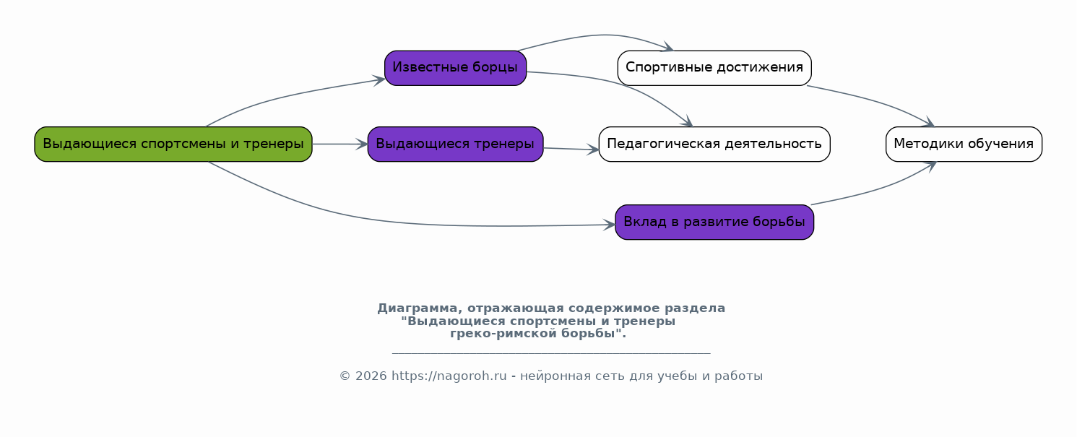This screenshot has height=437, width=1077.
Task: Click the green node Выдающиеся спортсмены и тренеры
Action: (173, 144)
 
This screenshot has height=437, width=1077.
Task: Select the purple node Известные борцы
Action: (455, 69)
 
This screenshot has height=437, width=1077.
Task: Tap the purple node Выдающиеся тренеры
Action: (455, 144)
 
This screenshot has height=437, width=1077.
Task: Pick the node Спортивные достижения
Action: (714, 69)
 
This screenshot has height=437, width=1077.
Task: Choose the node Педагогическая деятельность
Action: (714, 144)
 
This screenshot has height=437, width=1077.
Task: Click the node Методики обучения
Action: (964, 144)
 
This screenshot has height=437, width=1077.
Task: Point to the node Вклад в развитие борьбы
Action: (714, 222)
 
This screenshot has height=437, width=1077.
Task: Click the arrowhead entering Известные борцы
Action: (379, 80)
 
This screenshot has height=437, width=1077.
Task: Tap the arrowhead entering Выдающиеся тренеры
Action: (362, 144)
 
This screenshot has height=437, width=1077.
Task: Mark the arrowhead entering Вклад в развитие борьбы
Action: (609, 225)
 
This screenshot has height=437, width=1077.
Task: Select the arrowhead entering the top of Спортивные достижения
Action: (667, 47)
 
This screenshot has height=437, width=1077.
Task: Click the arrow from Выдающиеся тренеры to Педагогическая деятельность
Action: (571, 149)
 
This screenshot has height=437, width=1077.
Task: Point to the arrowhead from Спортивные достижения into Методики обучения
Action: (928, 123)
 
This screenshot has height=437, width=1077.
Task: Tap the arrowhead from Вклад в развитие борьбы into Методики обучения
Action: (930, 166)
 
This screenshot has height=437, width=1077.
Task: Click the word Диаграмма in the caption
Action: (417, 308)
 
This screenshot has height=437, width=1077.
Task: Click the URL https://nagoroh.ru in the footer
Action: (449, 376)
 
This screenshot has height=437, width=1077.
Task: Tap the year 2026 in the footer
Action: (371, 376)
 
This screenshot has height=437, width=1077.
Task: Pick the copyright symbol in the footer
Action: (345, 376)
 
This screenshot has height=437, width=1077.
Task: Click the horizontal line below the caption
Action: (551, 353)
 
